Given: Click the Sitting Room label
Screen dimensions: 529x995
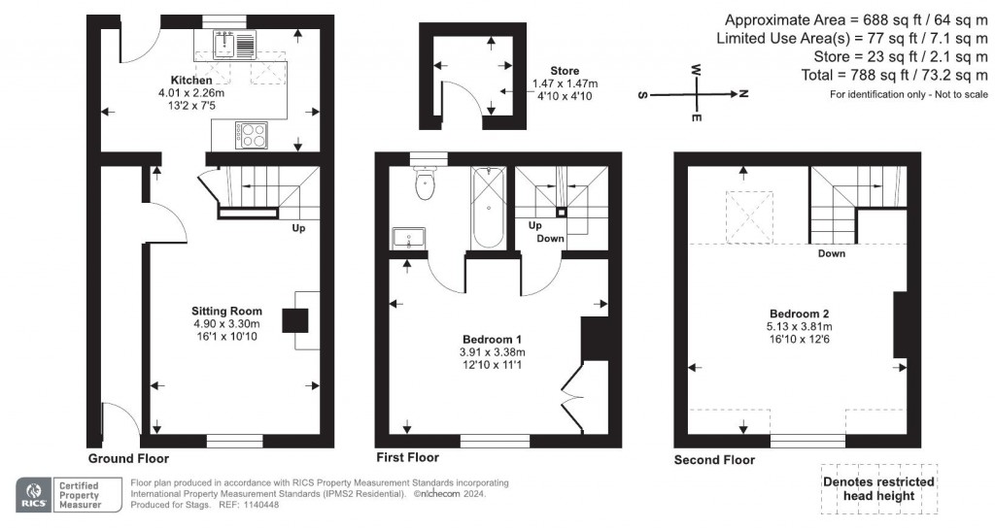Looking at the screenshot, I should point(226,312).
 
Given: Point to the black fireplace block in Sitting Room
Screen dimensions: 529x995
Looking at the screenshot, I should point(295,319).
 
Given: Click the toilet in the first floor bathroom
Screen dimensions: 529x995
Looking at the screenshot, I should point(425,184).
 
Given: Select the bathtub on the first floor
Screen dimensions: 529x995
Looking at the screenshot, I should point(487,206).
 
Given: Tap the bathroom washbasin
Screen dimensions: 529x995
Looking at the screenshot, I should point(409,238).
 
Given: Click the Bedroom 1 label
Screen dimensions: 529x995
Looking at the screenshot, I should point(493,339).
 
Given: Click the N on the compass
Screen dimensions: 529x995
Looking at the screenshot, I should point(742,94).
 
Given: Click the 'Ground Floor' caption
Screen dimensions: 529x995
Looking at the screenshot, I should point(128,458).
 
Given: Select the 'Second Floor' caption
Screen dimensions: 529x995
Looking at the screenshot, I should point(714,459).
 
